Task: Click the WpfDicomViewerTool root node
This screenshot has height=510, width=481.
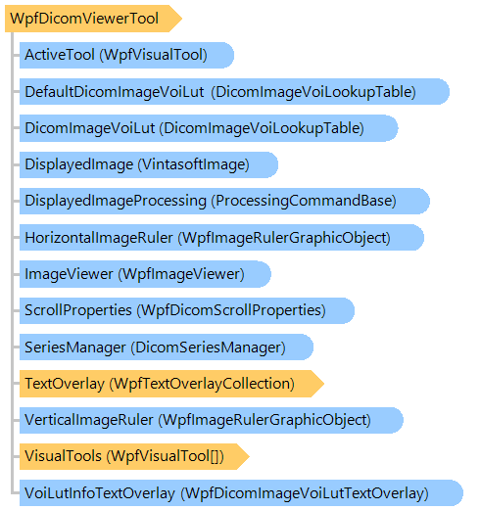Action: click(x=93, y=19)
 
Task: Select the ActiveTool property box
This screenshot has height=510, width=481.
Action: click(x=126, y=55)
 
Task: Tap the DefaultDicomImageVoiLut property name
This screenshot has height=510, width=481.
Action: click(x=115, y=92)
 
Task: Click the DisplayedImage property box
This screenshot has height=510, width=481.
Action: click(x=149, y=164)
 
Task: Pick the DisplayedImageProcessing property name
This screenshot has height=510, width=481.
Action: click(x=116, y=201)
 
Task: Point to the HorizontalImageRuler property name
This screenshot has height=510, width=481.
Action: click(x=99, y=238)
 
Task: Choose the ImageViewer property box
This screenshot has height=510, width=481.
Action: click(x=145, y=274)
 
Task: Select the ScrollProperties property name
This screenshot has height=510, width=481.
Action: click(x=78, y=310)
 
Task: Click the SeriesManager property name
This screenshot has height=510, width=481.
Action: click(x=75, y=348)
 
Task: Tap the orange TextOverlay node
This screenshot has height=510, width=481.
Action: click(x=171, y=384)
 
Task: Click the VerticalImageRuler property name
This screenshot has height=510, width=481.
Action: click(x=89, y=420)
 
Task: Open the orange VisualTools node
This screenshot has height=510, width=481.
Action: click(x=134, y=456)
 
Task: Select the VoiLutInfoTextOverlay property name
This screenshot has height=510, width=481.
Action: click(x=100, y=493)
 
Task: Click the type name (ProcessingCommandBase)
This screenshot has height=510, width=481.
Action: click(x=304, y=201)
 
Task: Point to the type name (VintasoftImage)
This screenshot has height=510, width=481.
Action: click(x=194, y=164)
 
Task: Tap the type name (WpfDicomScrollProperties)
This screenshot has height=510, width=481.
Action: click(x=231, y=310)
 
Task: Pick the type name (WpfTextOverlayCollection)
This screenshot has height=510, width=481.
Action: click(x=202, y=384)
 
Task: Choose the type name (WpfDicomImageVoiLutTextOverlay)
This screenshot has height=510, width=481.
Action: click(x=305, y=493)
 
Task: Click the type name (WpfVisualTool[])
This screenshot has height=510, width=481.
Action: click(x=166, y=456)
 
